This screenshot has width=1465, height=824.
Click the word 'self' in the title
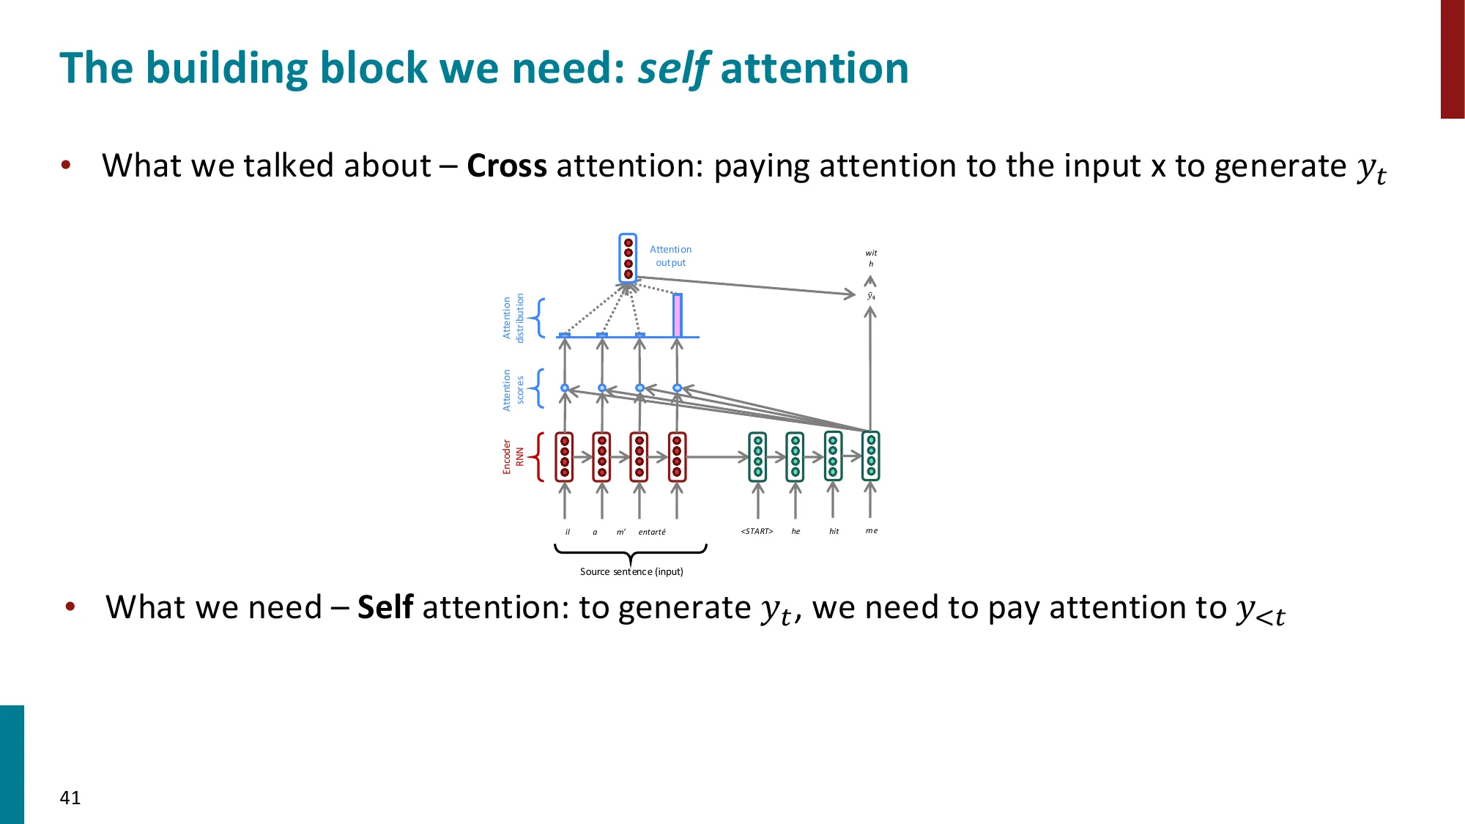pyautogui.click(x=672, y=69)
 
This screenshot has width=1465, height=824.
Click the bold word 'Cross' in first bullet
pyautogui.click(x=506, y=166)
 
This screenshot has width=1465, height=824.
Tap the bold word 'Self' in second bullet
pyautogui.click(x=385, y=608)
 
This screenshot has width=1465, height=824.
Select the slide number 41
pyautogui.click(x=70, y=798)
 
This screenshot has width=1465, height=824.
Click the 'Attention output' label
pyautogui.click(x=670, y=256)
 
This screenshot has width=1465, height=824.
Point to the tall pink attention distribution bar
pyautogui.click(x=678, y=315)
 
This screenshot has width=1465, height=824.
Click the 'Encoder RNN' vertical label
pyautogui.click(x=513, y=456)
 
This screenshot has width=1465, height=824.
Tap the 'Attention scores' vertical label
pyautogui.click(x=513, y=389)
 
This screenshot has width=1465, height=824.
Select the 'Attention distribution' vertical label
pyautogui.click(x=513, y=318)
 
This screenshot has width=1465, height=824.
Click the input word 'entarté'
pyautogui.click(x=652, y=532)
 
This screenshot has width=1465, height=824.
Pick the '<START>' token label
pyautogui.click(x=757, y=531)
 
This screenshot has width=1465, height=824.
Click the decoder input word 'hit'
pyautogui.click(x=834, y=531)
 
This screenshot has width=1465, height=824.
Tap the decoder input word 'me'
pyautogui.click(x=871, y=531)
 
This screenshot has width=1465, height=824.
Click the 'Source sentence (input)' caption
pyautogui.click(x=631, y=571)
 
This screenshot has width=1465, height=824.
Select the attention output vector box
pyautogui.click(x=628, y=258)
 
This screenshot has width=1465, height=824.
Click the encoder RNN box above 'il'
pyautogui.click(x=564, y=456)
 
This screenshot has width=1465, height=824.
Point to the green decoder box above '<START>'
pyautogui.click(x=757, y=456)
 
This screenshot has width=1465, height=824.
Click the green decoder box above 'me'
pyautogui.click(x=870, y=456)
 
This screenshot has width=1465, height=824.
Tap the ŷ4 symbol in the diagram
pyautogui.click(x=871, y=296)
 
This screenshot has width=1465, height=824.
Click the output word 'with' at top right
pyautogui.click(x=871, y=258)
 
